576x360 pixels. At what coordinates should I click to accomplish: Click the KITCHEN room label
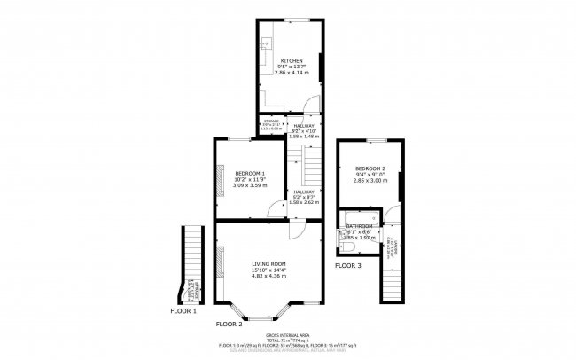click(x=291, y=60)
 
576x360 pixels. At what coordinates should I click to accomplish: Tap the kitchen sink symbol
click(x=263, y=43)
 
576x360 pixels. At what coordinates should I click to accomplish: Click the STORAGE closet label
click(x=270, y=121)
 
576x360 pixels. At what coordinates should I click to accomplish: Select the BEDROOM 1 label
click(x=249, y=172)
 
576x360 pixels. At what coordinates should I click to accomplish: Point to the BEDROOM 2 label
click(x=370, y=168)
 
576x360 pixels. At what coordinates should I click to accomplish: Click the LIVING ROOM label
click(x=268, y=263)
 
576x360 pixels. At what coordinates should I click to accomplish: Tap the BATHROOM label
click(x=360, y=226)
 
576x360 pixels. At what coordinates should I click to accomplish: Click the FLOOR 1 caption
click(x=183, y=311)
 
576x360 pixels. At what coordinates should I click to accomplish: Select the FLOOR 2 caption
click(x=229, y=325)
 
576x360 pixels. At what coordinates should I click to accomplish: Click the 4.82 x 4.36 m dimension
click(x=268, y=276)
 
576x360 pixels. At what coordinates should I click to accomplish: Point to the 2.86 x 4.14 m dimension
click(x=291, y=73)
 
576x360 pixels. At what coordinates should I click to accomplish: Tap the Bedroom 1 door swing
click(x=274, y=209)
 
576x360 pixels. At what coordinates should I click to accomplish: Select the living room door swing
click(x=299, y=229)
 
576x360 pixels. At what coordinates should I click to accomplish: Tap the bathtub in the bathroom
click(x=359, y=215)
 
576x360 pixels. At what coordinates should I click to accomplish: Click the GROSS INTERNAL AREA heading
click(x=288, y=335)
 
